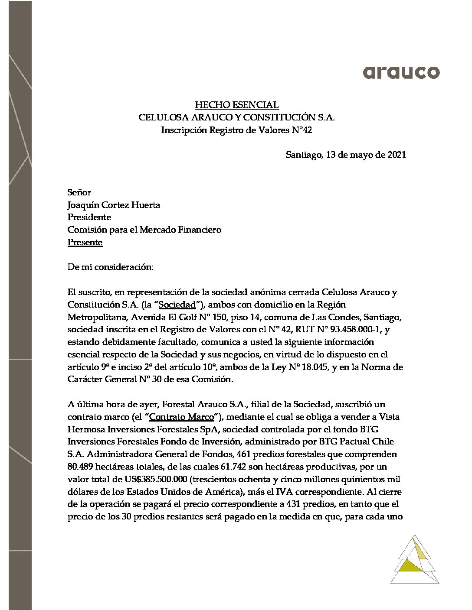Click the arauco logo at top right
[401, 72]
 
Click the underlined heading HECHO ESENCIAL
[236, 104]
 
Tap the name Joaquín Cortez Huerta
[114, 204]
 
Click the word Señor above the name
[79, 192]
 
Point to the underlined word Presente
[85, 242]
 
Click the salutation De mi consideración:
[110, 267]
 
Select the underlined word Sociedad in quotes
[178, 305]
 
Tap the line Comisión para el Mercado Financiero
[144, 230]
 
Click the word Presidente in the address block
[89, 217]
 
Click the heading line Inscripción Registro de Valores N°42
[236, 130]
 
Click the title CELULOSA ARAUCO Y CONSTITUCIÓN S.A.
[236, 117]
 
